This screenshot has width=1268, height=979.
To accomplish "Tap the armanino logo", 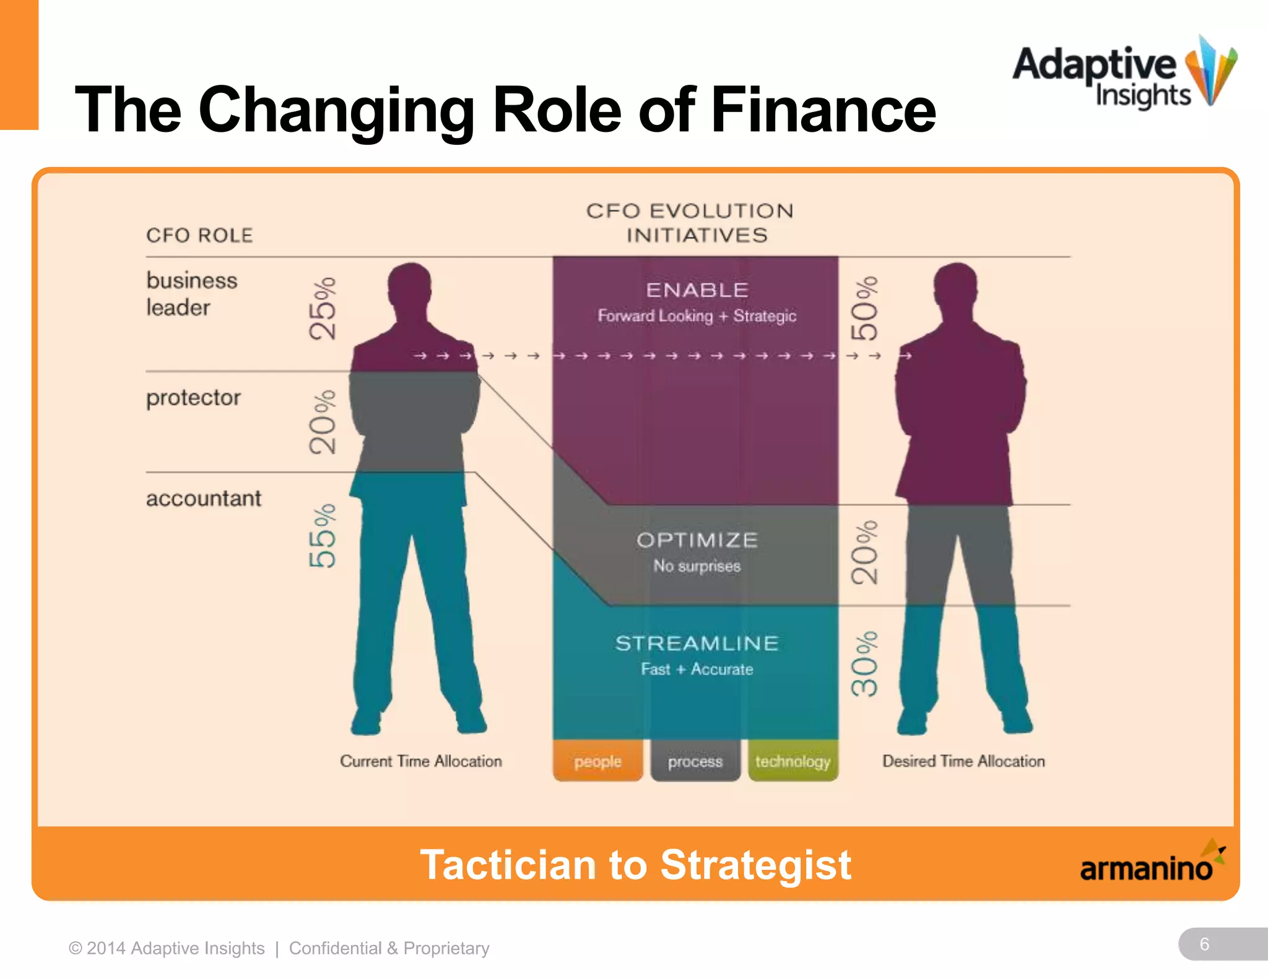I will coord(1152,864).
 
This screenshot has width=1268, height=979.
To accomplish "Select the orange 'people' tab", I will coord(597,761).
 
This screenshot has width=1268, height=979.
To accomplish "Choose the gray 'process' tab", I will coord(695,761).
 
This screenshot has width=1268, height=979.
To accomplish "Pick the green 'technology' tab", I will coord(793,761).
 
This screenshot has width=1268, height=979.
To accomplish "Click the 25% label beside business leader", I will coord(323,308).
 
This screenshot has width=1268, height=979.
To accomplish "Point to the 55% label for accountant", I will coord(323,536).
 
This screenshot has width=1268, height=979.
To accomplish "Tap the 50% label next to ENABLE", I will coord(864,308).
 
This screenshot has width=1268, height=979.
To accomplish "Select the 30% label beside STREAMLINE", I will coord(864,664).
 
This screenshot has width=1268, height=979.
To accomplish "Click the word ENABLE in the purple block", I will coord(697,290).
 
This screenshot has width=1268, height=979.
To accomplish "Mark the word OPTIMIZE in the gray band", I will coord(697,540).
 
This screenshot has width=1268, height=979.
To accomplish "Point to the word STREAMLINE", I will coord(697,644).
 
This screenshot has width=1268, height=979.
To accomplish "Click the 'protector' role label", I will coord(193,398).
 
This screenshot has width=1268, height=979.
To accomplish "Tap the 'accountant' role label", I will coord(204,499).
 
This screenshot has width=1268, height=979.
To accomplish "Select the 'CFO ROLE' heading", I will coord(199,236).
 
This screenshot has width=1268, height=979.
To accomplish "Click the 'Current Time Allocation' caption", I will coord(421,761).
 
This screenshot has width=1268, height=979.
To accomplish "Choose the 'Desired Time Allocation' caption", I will coord(963,761).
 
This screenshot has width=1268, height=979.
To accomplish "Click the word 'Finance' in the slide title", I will coord(823,110).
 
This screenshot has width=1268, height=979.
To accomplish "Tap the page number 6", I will coord(1204,944).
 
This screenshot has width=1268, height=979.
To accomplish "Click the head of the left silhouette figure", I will coord(409,286).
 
